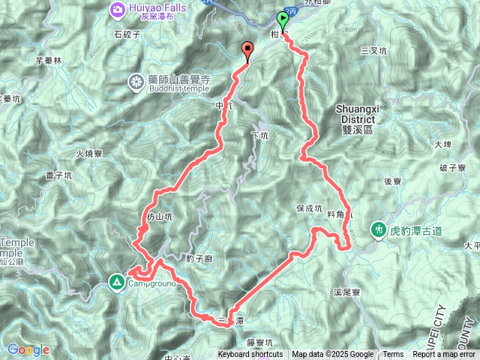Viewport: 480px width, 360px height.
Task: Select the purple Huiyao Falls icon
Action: pyautogui.click(x=118, y=9)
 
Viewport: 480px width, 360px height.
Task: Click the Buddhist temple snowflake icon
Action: pyautogui.click(x=136, y=81)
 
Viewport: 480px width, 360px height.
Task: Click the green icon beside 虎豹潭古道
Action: pyautogui.click(x=379, y=228)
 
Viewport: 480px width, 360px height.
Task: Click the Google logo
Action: pyautogui.click(x=28, y=349)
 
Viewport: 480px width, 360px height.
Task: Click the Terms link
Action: pyautogui.click(x=393, y=355)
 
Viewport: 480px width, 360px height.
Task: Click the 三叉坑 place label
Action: pyautogui.click(x=373, y=50)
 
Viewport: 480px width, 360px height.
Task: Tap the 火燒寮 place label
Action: pyautogui.click(x=89, y=154)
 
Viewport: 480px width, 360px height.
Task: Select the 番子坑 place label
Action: pyautogui.click(x=58, y=175)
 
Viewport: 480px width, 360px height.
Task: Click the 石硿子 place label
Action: pyautogui.click(x=127, y=34)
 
